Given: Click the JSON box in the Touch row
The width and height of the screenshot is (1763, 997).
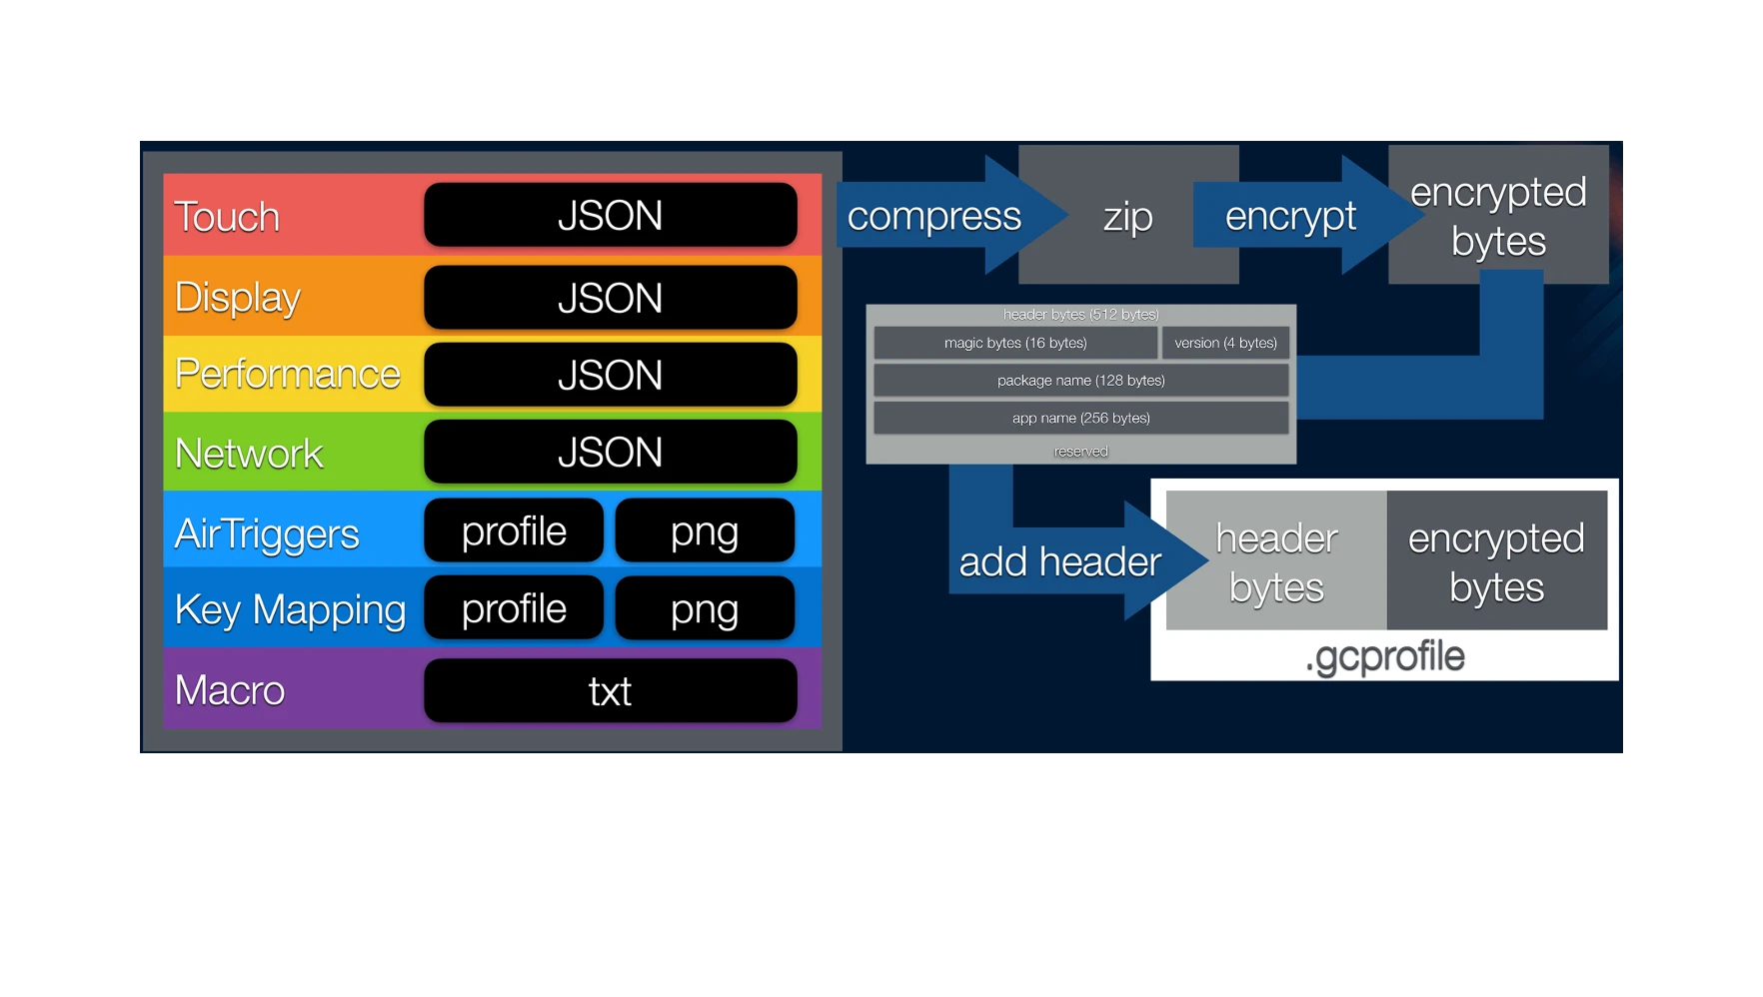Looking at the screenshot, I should (x=610, y=215).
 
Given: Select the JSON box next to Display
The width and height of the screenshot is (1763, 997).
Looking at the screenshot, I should (x=610, y=298).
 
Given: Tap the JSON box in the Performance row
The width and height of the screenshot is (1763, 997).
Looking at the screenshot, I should (x=610, y=375).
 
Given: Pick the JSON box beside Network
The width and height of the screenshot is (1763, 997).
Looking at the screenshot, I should (x=610, y=452).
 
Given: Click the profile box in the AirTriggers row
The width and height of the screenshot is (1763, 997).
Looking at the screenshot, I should (x=514, y=530).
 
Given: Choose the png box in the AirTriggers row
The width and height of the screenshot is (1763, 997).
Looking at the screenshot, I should (x=705, y=530).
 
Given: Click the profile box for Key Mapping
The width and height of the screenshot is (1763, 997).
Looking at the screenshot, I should (x=514, y=608).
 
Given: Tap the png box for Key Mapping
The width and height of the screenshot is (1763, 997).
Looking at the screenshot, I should (x=705, y=608).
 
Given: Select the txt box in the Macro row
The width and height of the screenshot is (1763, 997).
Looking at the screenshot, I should (x=610, y=690).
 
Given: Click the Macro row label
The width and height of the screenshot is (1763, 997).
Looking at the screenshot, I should (x=230, y=690).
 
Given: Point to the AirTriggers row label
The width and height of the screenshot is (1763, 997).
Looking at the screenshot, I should (x=267, y=533).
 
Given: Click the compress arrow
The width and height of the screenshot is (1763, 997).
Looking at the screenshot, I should (x=934, y=216).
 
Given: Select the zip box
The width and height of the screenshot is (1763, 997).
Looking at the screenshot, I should (x=1128, y=216).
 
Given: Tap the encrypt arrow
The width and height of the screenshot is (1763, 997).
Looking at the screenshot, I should (x=1290, y=216).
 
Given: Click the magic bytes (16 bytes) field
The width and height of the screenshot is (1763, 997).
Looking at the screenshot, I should (x=1015, y=343).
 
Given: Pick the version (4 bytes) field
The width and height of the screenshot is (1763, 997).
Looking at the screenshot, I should (x=1225, y=343).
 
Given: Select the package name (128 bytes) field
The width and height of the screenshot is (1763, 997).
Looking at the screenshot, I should (x=1080, y=381).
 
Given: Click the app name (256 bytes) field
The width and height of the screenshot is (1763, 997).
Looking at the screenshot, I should (x=1080, y=418).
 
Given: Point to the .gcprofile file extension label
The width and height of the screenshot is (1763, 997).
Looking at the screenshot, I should (x=1384, y=656).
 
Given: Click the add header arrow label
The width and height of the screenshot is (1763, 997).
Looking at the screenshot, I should (x=1059, y=561).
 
